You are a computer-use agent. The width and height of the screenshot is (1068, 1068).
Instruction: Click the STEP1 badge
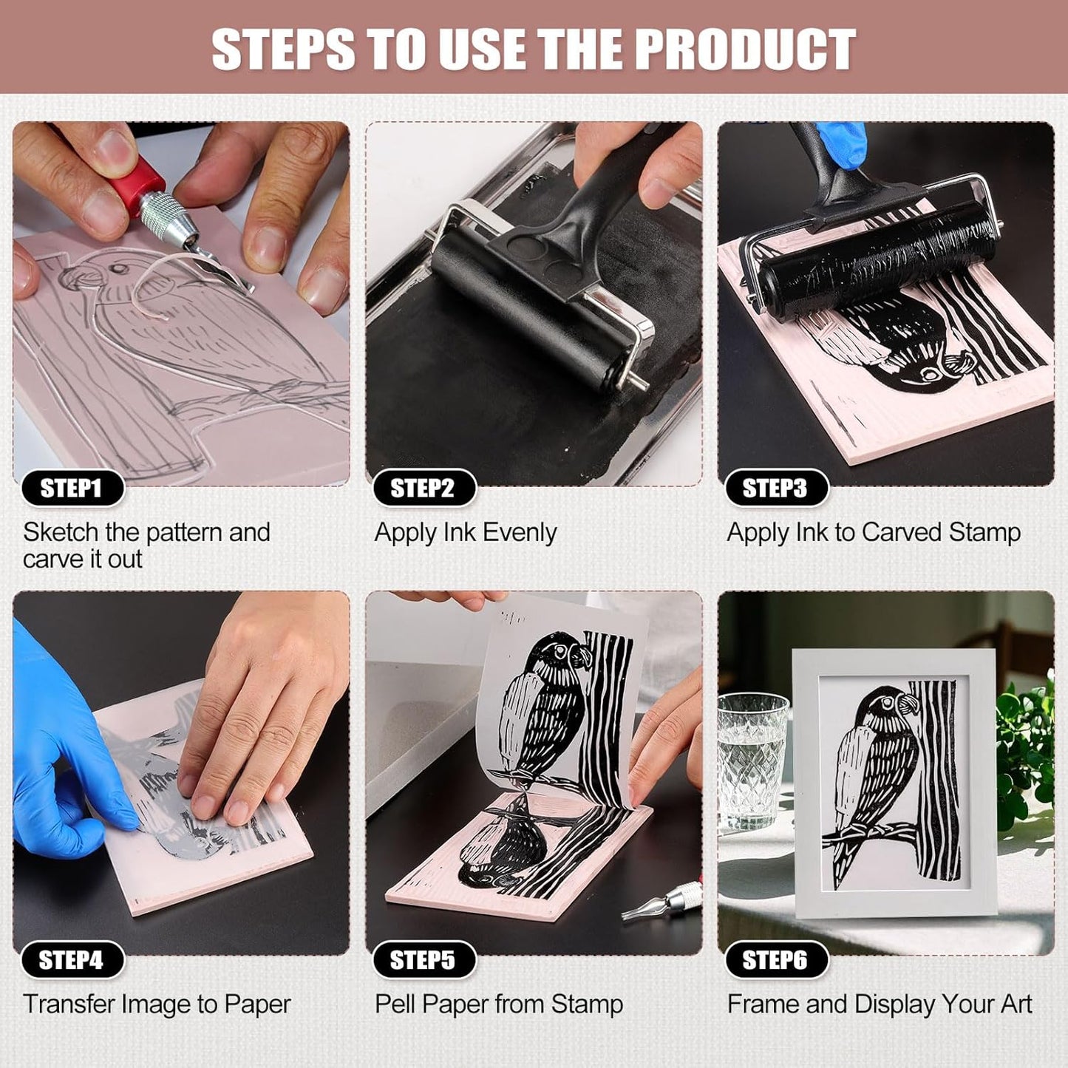click(x=72, y=489)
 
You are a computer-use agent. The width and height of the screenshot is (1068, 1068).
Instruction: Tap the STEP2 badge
click(x=423, y=489)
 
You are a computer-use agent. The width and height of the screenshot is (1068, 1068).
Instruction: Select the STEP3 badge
click(x=775, y=489)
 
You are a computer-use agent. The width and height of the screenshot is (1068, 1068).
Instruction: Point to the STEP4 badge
click(x=72, y=960)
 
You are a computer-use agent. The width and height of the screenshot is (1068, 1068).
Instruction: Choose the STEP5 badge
click(x=423, y=960)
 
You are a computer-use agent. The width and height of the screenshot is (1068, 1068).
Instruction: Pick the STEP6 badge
click(x=775, y=960)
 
